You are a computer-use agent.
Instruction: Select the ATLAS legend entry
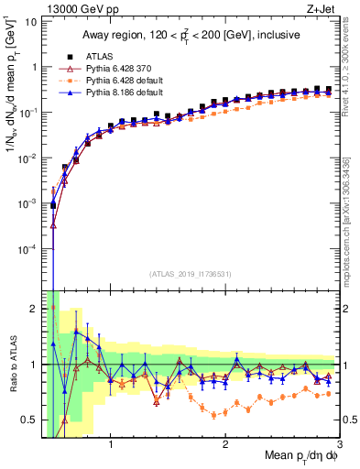(x=103, y=55)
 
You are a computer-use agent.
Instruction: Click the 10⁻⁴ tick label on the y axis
(x=27, y=248)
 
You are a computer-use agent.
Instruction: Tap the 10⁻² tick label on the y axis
(x=27, y=158)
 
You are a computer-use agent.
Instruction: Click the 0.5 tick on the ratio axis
(x=28, y=420)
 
